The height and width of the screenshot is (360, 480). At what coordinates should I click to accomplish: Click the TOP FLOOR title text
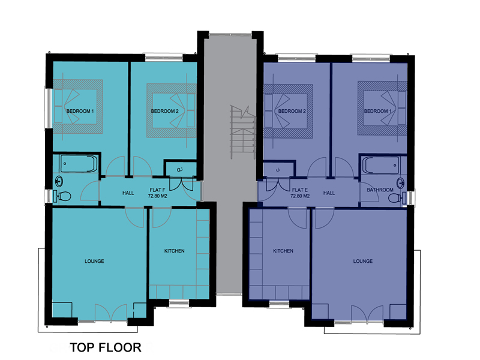pyautogui.click(x=106, y=347)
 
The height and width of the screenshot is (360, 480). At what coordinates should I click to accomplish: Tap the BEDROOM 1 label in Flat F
pyautogui.click(x=80, y=111)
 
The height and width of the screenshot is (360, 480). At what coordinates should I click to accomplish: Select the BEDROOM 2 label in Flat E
pyautogui.click(x=292, y=111)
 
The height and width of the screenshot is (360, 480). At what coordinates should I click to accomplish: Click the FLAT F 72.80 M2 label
pyautogui.click(x=158, y=193)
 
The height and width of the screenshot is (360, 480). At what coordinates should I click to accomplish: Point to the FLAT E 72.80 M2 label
pyautogui.click(x=300, y=193)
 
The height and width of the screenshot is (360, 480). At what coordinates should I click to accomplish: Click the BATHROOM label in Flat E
pyautogui.click(x=380, y=190)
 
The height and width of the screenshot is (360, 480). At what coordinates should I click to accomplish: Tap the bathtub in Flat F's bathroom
pyautogui.click(x=79, y=164)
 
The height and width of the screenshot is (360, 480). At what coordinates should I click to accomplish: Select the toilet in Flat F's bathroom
pyautogui.click(x=62, y=196)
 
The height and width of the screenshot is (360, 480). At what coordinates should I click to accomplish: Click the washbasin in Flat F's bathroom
pyautogui.click(x=59, y=181)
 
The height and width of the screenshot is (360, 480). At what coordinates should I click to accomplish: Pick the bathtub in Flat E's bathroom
pyautogui.click(x=381, y=166)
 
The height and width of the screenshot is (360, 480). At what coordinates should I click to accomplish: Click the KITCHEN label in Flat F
pyautogui.click(x=175, y=251)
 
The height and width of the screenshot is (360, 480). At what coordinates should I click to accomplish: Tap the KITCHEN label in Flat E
pyautogui.click(x=283, y=251)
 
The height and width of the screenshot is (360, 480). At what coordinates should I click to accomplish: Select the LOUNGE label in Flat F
pyautogui.click(x=94, y=261)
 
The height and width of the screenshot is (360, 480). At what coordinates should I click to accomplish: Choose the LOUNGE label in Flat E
pyautogui.click(x=363, y=261)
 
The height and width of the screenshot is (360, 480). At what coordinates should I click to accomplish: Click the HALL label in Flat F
pyautogui.click(x=128, y=193)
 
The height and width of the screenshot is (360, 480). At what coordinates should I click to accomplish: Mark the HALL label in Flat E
pyautogui.click(x=329, y=193)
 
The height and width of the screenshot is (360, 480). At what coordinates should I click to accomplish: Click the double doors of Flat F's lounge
pyautogui.click(x=111, y=312)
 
